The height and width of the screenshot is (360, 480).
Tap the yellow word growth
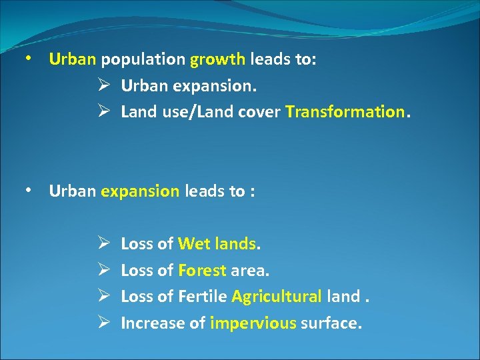point(218,59)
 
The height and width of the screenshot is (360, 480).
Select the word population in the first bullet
point(143,60)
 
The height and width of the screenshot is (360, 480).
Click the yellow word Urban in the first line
point(73,59)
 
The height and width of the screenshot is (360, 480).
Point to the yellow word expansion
point(140,192)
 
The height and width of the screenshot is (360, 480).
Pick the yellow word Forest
point(202,270)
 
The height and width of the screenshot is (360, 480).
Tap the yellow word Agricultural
point(277,297)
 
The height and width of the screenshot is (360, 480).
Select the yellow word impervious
point(253,323)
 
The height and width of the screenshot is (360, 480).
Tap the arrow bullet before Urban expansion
point(103,86)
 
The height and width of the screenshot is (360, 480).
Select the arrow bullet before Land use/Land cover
point(103,113)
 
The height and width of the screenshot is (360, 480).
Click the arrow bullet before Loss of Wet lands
point(103,244)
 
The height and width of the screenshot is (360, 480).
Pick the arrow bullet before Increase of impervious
point(103,323)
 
